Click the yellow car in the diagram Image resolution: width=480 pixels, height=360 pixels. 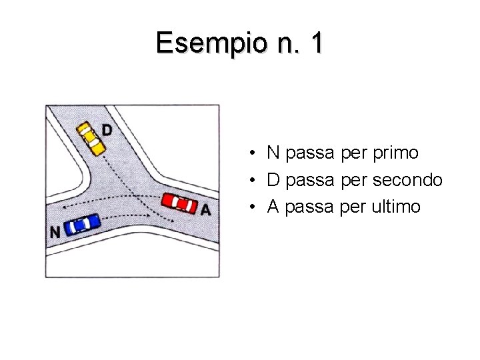pyautogui.click(x=90, y=137)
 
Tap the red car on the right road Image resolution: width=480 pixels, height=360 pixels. pyautogui.click(x=180, y=203)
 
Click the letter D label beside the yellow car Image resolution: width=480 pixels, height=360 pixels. pyautogui.click(x=107, y=129)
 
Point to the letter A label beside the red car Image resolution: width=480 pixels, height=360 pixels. pyautogui.click(x=205, y=210)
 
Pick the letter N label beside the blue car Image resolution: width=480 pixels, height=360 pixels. pyautogui.click(x=55, y=232)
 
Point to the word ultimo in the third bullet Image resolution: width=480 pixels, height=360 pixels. pyautogui.click(x=397, y=207)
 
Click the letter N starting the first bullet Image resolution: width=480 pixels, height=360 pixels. pyautogui.click(x=273, y=153)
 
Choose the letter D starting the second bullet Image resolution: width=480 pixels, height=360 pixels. pyautogui.click(x=273, y=180)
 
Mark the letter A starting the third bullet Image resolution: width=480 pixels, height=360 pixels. pyautogui.click(x=273, y=207)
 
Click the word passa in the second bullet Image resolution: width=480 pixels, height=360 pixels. pyautogui.click(x=309, y=180)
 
